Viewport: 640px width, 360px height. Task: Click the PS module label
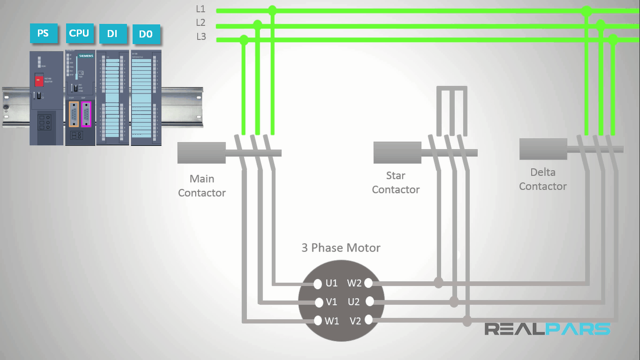coord(43,34)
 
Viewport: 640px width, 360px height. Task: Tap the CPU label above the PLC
coord(79,33)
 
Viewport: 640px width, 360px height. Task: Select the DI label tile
coord(112,34)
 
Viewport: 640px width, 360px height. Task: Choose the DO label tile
coord(146,34)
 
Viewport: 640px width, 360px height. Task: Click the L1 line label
coord(201,9)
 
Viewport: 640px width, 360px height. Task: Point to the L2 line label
coord(201,22)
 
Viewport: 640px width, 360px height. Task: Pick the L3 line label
coord(201,37)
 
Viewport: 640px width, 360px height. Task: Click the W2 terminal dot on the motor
coord(368,283)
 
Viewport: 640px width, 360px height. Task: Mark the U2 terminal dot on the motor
coord(369,301)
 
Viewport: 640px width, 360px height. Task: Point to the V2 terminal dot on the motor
coord(369,320)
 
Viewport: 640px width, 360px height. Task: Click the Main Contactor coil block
coord(201,153)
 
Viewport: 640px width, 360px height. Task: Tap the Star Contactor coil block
coord(397,153)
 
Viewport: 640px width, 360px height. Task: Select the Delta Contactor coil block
coord(543,149)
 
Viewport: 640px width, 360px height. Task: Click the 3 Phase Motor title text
coord(341,247)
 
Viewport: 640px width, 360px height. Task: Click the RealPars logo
coord(547,329)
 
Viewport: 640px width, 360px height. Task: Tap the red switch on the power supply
coord(39,81)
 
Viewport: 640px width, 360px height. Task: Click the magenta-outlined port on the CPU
coord(86,114)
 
